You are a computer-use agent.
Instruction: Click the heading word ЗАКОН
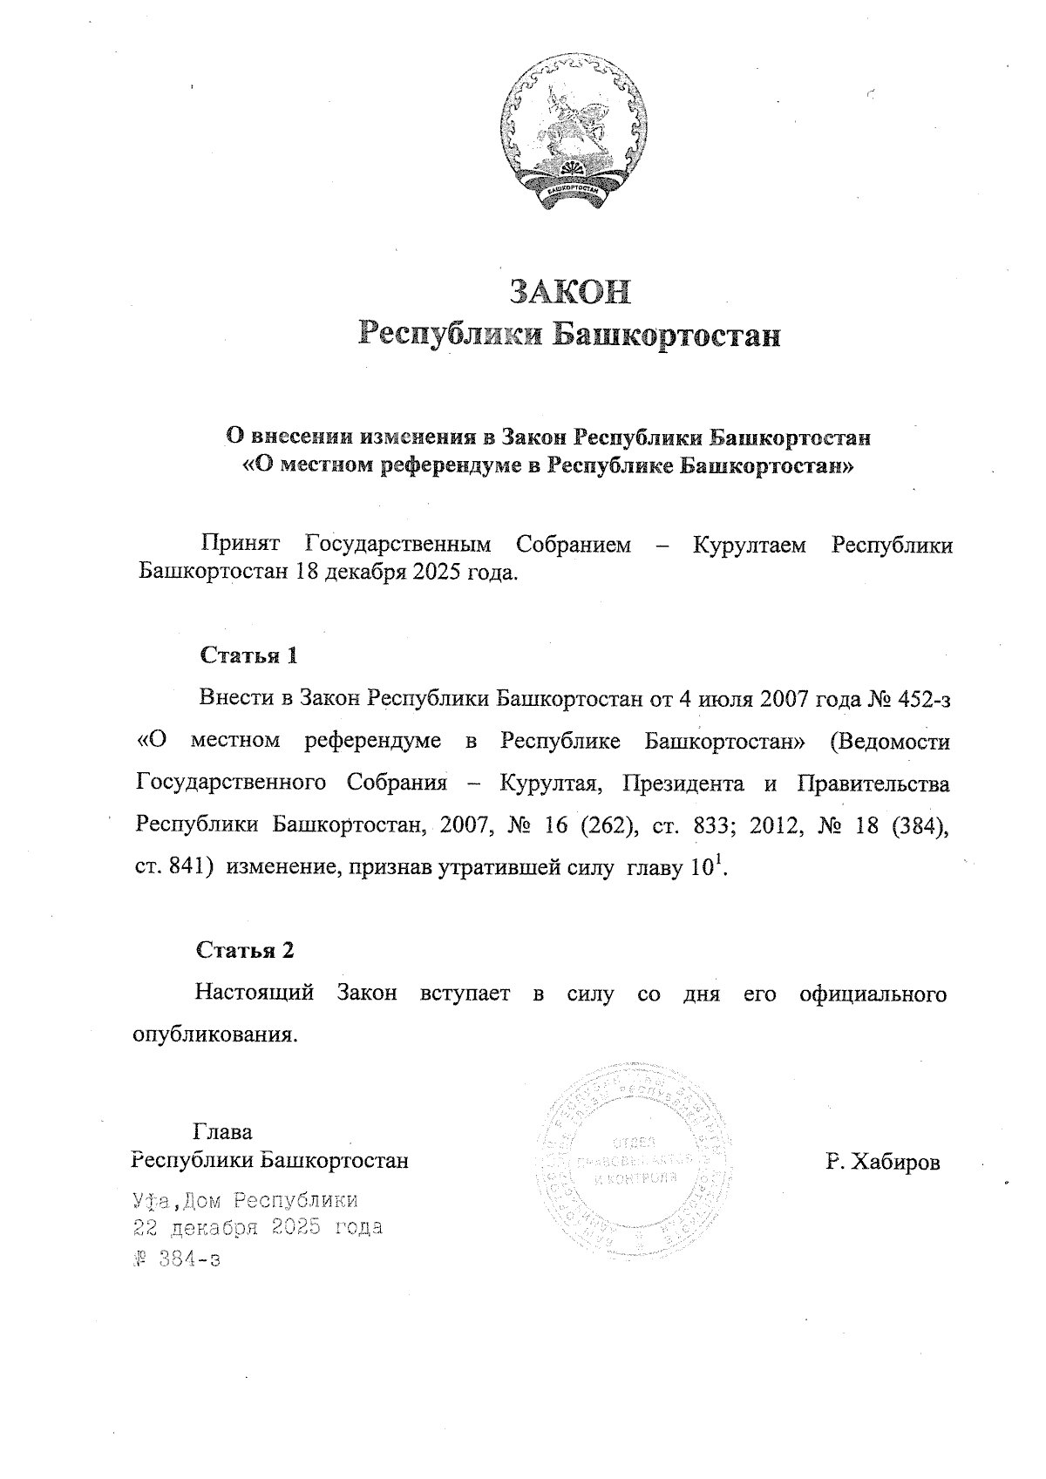click(570, 292)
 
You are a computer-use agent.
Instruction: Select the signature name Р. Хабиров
click(883, 1162)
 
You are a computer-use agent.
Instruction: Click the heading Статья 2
click(245, 949)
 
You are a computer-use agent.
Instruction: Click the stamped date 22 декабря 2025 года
click(257, 1228)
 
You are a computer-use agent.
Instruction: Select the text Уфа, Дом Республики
click(245, 1200)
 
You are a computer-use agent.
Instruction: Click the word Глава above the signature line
click(222, 1132)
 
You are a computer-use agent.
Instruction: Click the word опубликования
click(215, 1035)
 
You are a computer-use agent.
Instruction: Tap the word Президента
click(683, 784)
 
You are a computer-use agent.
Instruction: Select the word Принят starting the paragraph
click(241, 546)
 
